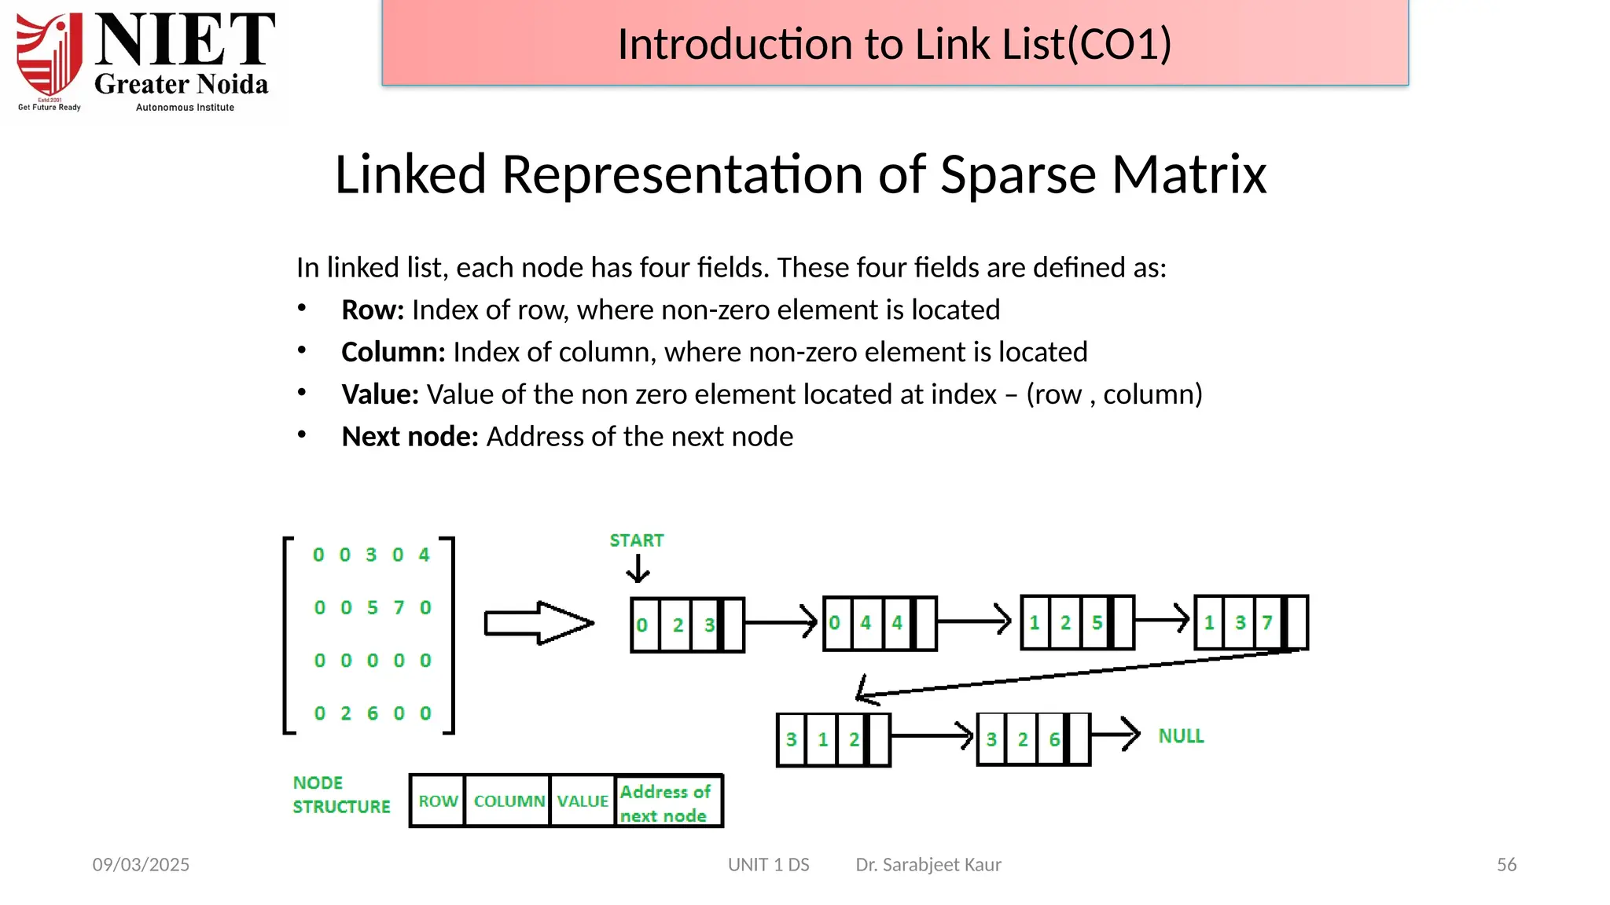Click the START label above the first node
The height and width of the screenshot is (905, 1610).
point(637,540)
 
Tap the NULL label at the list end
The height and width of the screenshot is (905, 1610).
point(1181,736)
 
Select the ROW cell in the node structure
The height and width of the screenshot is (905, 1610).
point(438,801)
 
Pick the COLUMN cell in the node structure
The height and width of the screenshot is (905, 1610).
point(509,801)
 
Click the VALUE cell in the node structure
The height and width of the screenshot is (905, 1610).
point(583,801)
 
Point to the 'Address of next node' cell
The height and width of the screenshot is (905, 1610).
point(667,802)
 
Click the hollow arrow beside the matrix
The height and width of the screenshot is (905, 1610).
point(539,623)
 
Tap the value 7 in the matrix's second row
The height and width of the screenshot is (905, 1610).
point(399,607)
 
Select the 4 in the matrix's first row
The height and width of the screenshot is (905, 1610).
point(425,555)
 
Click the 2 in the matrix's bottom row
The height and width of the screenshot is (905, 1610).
point(346,713)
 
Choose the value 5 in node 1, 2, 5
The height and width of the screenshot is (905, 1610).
point(1097,623)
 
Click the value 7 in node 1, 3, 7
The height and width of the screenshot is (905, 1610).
point(1267,623)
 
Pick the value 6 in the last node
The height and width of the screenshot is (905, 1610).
point(1054,739)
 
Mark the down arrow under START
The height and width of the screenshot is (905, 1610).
point(638,569)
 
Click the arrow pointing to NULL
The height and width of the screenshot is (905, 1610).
point(1116,735)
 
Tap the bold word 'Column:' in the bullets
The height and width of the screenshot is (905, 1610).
point(393,352)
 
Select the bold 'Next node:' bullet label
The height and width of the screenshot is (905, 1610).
point(410,436)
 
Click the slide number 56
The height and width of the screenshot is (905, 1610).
point(1506,864)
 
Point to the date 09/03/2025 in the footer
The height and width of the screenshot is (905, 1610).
point(141,864)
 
